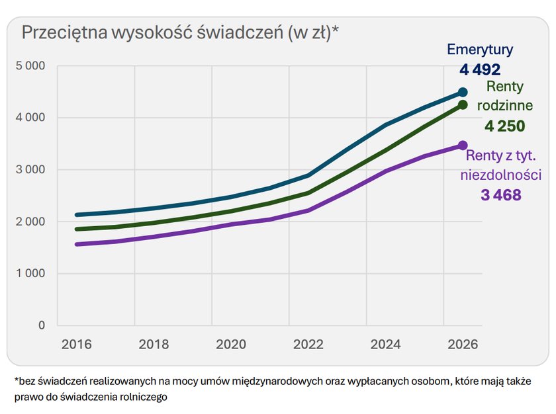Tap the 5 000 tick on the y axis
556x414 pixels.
[30, 66]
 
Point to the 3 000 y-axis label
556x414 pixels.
[30, 170]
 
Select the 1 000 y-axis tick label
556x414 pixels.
[30, 274]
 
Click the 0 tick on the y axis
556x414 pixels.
[42, 325]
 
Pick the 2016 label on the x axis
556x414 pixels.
[76, 345]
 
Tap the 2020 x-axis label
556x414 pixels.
[231, 345]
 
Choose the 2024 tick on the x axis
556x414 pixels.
[385, 345]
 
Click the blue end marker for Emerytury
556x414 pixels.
[463, 93]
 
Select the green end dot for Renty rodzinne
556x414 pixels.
[463, 104]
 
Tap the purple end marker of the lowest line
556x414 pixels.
[463, 145]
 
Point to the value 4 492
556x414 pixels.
[480, 69]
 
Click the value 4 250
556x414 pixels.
[504, 126]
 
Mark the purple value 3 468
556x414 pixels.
[501, 195]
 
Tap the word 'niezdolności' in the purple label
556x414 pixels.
[501, 176]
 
